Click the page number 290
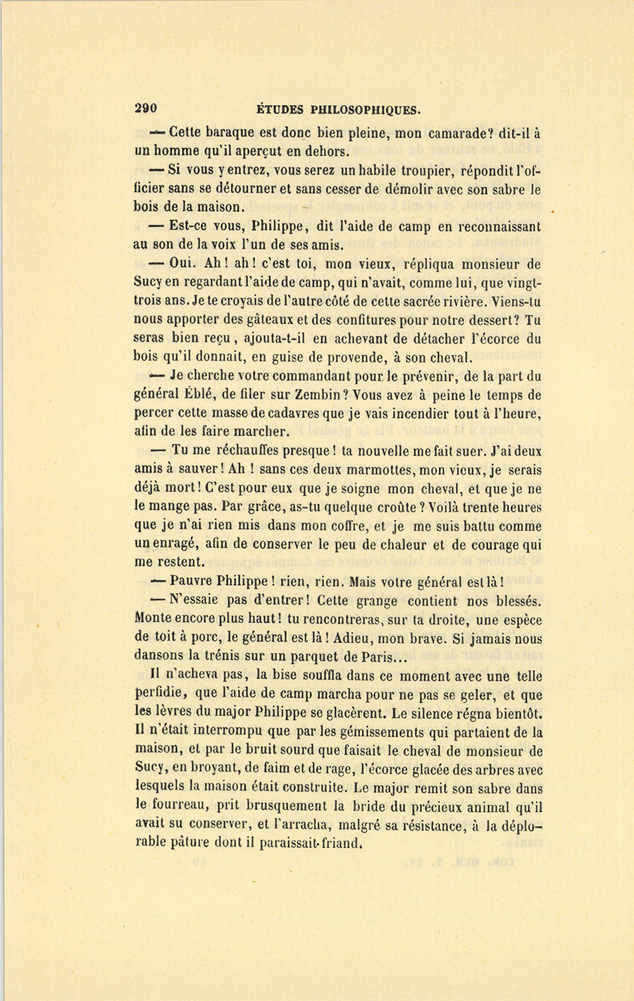(x=145, y=109)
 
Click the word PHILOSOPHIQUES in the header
(x=364, y=109)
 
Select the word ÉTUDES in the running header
(x=279, y=109)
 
